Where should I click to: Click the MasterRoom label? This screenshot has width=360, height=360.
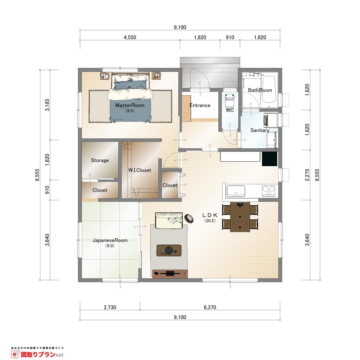click(x=130, y=105)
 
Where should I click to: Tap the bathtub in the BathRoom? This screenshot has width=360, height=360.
click(x=269, y=90)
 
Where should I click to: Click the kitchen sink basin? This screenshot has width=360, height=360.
click(x=236, y=191)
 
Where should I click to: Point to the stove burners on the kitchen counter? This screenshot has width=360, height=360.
click(x=268, y=191)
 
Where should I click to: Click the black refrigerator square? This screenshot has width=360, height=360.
click(x=270, y=159)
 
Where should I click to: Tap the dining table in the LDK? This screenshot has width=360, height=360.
click(x=240, y=217)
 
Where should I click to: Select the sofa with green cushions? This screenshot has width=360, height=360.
click(x=169, y=220)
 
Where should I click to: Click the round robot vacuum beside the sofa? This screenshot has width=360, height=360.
click(x=189, y=219)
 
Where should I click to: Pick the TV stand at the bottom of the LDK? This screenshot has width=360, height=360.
click(x=170, y=274)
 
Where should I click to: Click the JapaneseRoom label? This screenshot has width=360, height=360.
click(x=110, y=240)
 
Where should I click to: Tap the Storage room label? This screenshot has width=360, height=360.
click(x=100, y=160)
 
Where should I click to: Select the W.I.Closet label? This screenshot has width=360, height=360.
click(x=140, y=170)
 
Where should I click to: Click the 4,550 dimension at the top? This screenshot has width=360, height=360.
click(x=130, y=37)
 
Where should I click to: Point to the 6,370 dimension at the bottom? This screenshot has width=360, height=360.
click(x=210, y=307)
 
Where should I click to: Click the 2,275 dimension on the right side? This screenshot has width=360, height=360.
click(x=307, y=175)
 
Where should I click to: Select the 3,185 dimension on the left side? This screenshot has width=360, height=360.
click(x=47, y=105)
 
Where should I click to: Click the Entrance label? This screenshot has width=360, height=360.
click(x=200, y=105)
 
